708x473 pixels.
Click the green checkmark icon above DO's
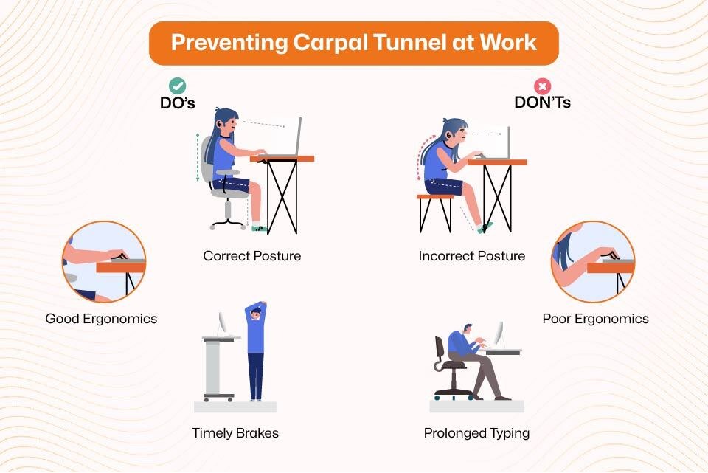click(x=178, y=86)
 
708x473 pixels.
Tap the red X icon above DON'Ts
click(x=542, y=86)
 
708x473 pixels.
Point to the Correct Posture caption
click(x=252, y=256)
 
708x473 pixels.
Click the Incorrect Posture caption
click(x=472, y=256)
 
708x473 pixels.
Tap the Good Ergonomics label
click(x=101, y=319)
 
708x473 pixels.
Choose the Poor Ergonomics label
click(x=596, y=319)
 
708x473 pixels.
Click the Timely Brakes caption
click(x=235, y=433)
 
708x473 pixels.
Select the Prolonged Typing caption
click(x=477, y=433)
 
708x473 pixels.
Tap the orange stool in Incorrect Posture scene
click(x=435, y=213)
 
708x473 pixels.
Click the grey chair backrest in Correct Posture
click(x=206, y=159)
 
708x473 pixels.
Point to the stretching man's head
click(x=256, y=313)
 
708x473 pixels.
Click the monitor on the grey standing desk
click(x=223, y=323)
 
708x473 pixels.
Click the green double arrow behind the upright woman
click(x=198, y=158)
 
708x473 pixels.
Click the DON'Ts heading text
click(x=542, y=103)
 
